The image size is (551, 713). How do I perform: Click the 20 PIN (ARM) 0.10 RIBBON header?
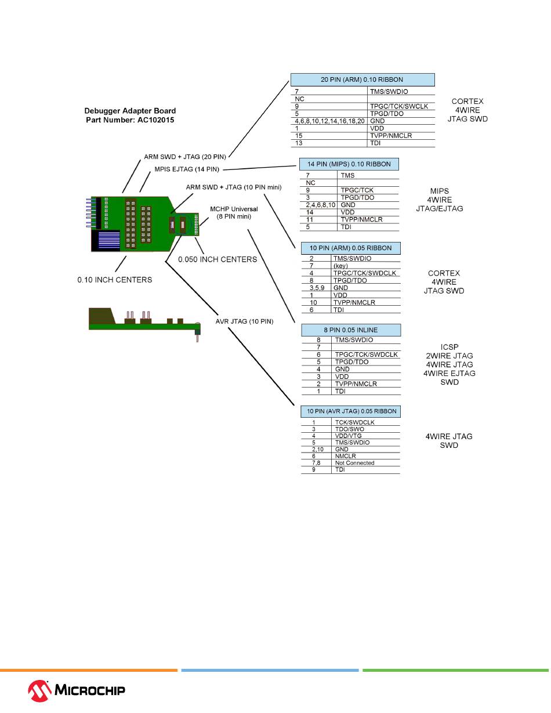tap(362, 79)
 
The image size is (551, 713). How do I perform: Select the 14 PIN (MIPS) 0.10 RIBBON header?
tap(349, 164)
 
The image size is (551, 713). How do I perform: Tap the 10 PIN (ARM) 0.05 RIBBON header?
tap(350, 248)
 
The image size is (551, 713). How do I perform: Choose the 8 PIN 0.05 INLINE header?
tap(350, 330)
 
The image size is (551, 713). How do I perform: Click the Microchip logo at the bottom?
tap(77, 690)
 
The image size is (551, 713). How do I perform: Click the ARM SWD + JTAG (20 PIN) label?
tap(185, 157)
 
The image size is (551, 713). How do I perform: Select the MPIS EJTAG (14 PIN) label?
tap(187, 169)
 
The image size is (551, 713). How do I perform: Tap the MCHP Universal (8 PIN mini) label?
tap(234, 212)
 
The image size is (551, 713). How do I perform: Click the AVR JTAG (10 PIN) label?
tap(244, 321)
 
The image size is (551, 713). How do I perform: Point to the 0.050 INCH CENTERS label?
tap(217, 259)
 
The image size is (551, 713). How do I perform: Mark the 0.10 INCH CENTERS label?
tap(115, 280)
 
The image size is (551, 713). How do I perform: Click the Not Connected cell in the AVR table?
tap(354, 463)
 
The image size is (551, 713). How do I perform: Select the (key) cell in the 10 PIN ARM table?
tap(340, 266)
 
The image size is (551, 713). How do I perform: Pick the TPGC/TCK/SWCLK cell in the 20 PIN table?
tap(398, 106)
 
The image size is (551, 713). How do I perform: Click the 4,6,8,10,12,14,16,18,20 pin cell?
tap(328, 121)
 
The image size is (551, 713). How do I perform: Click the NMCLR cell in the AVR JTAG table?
tap(346, 456)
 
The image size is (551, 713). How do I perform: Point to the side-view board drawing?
tap(144, 321)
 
